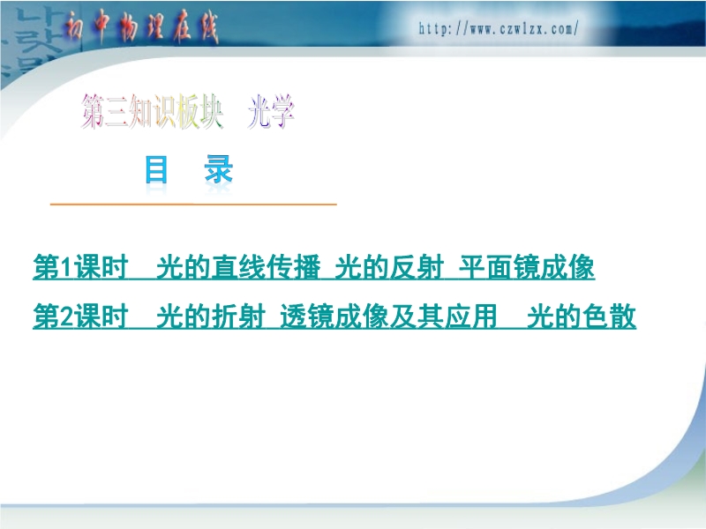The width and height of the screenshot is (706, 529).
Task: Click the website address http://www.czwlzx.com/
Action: pyautogui.click(x=499, y=29)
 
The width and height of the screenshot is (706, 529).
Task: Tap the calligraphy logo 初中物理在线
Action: pyautogui.click(x=141, y=28)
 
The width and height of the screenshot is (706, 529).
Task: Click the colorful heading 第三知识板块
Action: pyautogui.click(x=152, y=111)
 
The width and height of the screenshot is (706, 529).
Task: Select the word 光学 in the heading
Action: pyautogui.click(x=271, y=111)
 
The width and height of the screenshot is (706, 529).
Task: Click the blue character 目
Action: pyautogui.click(x=156, y=169)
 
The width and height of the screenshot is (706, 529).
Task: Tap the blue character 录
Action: pyautogui.click(x=219, y=169)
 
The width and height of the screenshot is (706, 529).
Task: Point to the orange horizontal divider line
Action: pyautogui.click(x=193, y=205)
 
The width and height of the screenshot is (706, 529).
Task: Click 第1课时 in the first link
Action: pyautogui.click(x=80, y=267)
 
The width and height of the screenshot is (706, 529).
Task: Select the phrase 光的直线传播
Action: pyautogui.click(x=238, y=267)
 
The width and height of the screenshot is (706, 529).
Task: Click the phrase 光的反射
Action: pyautogui.click(x=389, y=267)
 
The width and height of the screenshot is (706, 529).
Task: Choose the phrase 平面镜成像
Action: pyautogui.click(x=526, y=267)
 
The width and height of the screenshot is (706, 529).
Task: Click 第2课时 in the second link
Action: pyautogui.click(x=80, y=317)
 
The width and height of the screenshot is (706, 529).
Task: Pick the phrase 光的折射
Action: pyautogui.click(x=211, y=317)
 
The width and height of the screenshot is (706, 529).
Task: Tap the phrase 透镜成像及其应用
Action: pyautogui.click(x=388, y=317)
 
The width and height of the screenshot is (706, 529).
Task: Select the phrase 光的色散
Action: pyautogui.click(x=582, y=317)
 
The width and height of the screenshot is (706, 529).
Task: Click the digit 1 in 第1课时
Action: pyautogui.click(x=66, y=268)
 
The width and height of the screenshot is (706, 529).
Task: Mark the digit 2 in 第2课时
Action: pyautogui.click(x=67, y=317)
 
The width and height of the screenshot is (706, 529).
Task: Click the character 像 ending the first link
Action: pyautogui.click(x=582, y=267)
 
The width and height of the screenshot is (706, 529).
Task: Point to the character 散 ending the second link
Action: pyautogui.click(x=623, y=317)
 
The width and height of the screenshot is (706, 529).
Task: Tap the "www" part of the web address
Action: pyautogui.click(x=482, y=30)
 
